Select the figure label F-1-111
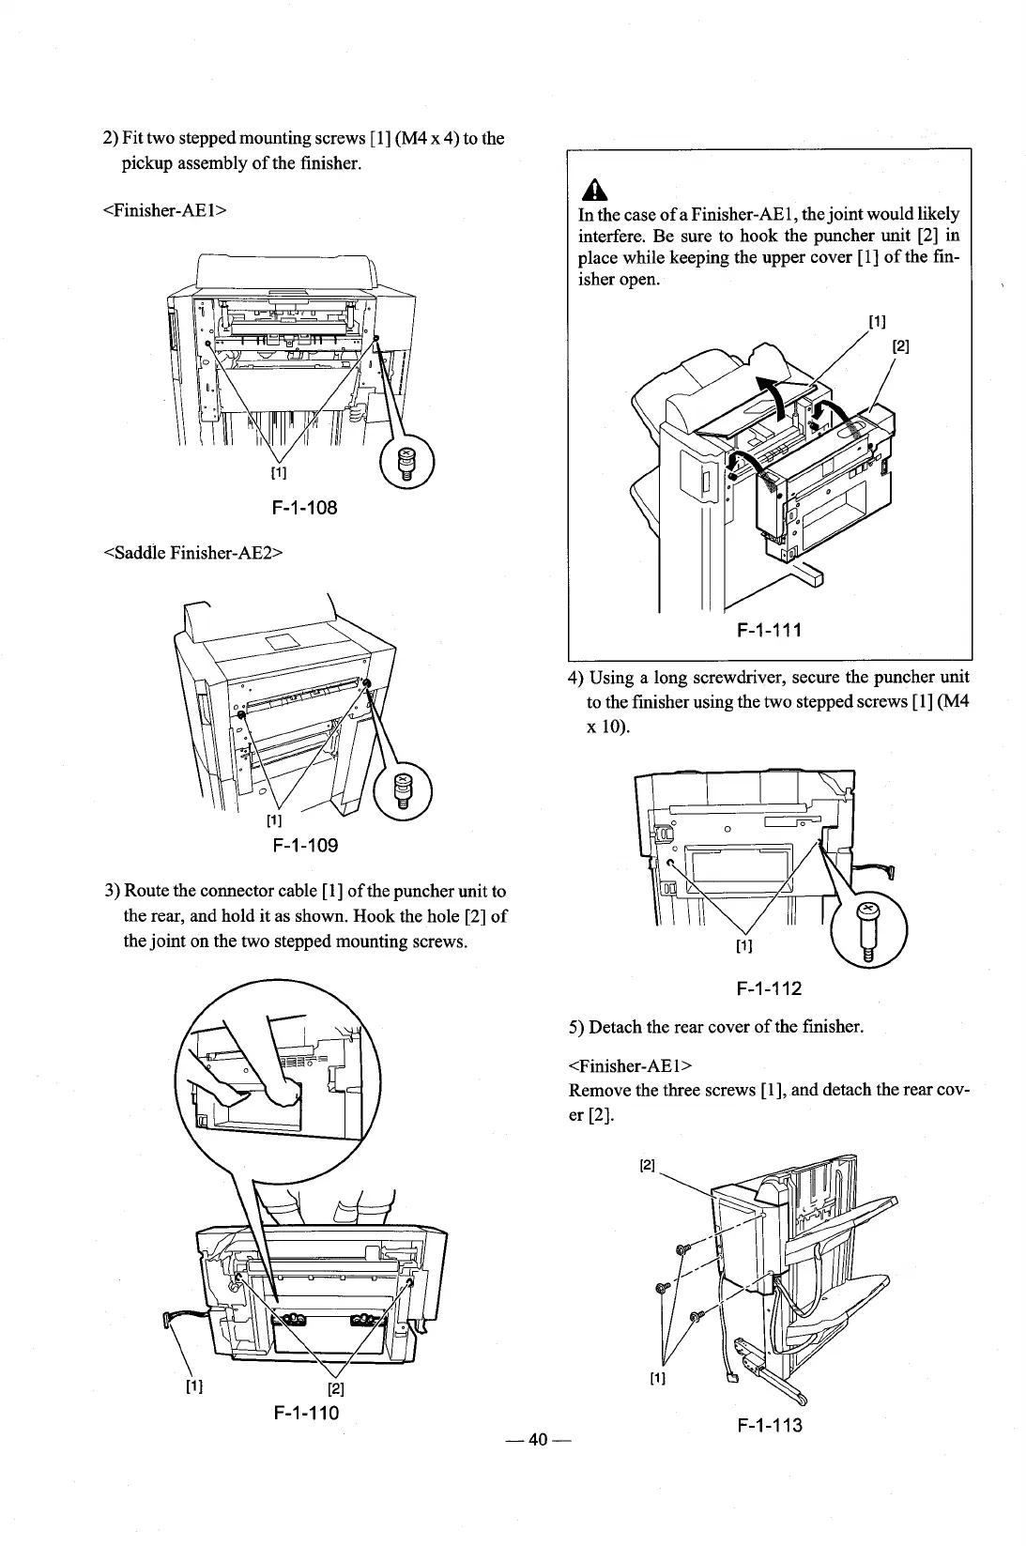pyautogui.click(x=767, y=629)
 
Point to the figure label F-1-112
pyautogui.click(x=769, y=987)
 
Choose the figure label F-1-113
pyautogui.click(x=769, y=1426)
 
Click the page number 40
pyautogui.click(x=537, y=1440)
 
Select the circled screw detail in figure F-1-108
pyautogui.click(x=406, y=463)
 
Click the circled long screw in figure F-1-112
pyautogui.click(x=868, y=925)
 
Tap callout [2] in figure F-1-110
pyautogui.click(x=333, y=1389)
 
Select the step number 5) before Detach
pyautogui.click(x=577, y=1026)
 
